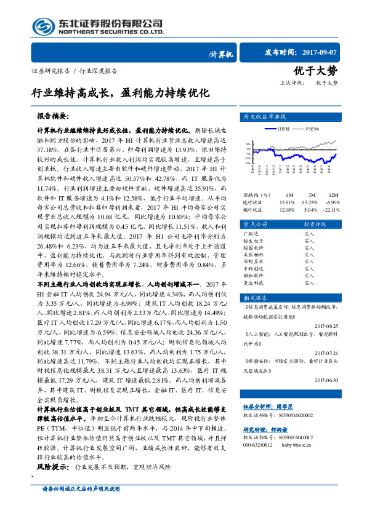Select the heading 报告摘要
click(x=54, y=116)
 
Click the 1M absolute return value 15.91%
click(x=287, y=202)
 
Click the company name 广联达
click(x=252, y=234)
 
